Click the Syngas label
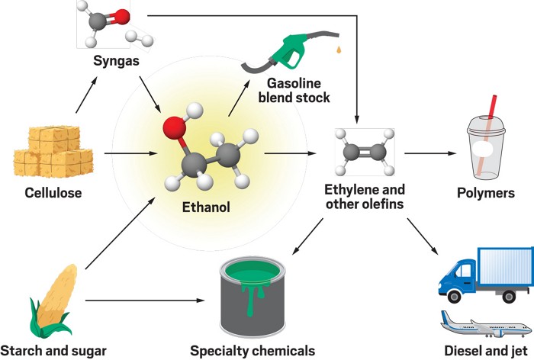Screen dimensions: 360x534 pyautogui.click(x=117, y=59)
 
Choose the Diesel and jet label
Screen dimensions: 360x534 pyautogui.click(x=482, y=350)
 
